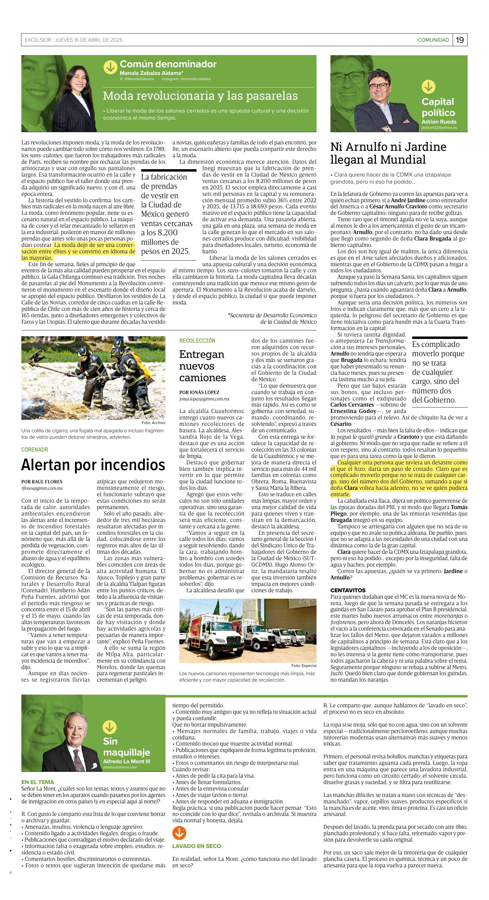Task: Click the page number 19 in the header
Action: (x=460, y=40)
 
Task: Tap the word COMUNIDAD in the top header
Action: (x=433, y=40)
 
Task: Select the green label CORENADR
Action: (x=35, y=450)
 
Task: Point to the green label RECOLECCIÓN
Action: (x=197, y=341)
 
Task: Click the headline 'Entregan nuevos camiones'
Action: (x=202, y=366)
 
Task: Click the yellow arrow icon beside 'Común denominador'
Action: (x=110, y=67)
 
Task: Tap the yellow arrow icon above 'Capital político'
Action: (x=428, y=87)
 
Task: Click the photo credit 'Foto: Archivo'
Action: (x=153, y=423)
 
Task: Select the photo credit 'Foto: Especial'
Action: (x=304, y=666)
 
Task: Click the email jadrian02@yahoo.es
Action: (x=439, y=128)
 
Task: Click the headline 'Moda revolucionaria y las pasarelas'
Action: (x=200, y=96)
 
